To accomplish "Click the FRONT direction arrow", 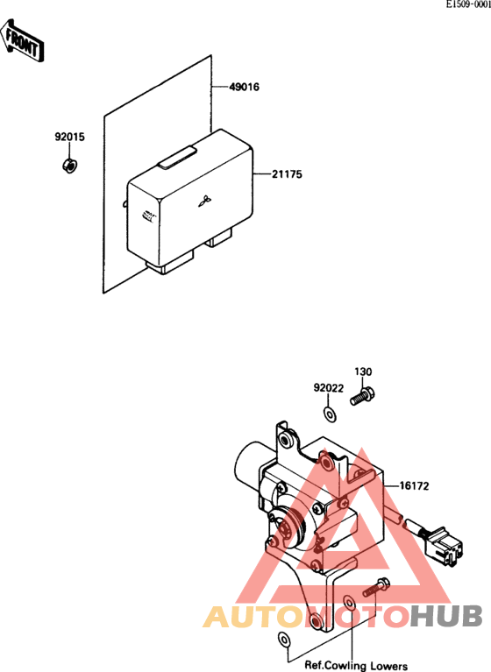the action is click(x=21, y=39).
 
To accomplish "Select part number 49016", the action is click(x=244, y=87).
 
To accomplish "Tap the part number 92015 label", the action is click(x=69, y=137).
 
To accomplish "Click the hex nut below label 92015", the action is click(x=69, y=166).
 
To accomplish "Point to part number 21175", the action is click(x=287, y=174).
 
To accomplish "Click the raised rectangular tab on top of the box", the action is click(x=177, y=157).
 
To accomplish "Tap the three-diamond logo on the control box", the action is click(x=204, y=201).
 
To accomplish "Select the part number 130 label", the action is click(x=363, y=371).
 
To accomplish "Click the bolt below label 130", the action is click(x=362, y=396).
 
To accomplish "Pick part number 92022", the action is click(x=329, y=388).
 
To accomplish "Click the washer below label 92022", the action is click(x=330, y=414).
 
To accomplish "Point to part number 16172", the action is click(x=414, y=486).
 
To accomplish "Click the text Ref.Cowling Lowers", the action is click(x=356, y=666).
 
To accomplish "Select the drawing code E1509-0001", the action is click(x=468, y=4).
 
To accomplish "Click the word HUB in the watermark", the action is click(x=446, y=616).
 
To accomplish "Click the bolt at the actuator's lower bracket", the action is click(x=376, y=588).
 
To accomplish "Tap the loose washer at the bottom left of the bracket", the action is click(x=283, y=640).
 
